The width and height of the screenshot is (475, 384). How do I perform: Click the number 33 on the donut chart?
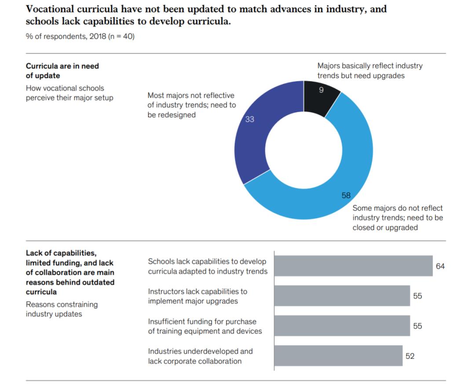pyautogui.click(x=249, y=119)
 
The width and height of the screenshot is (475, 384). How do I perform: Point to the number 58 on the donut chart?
pyautogui.click(x=346, y=196)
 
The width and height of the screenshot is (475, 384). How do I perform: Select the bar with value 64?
pyautogui.click(x=353, y=266)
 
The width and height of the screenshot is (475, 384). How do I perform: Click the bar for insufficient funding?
pyautogui.click(x=342, y=325)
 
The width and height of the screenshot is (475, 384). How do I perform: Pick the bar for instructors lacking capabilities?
pyautogui.click(x=342, y=295)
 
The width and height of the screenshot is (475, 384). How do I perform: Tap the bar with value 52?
pyautogui.click(x=338, y=355)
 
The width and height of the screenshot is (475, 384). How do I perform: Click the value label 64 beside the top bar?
pyautogui.click(x=440, y=266)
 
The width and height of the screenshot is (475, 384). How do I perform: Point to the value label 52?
pyautogui.click(x=410, y=356)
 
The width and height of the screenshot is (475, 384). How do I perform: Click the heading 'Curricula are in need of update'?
pyautogui.click(x=62, y=70)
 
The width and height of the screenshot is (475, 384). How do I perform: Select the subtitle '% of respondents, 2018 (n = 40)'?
pyautogui.click(x=80, y=36)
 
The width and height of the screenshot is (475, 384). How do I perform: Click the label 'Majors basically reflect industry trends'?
pyautogui.click(x=369, y=70)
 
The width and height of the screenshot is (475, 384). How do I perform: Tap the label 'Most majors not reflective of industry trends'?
pyautogui.click(x=191, y=105)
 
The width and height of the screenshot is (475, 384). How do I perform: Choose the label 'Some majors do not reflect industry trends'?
pyautogui.click(x=397, y=218)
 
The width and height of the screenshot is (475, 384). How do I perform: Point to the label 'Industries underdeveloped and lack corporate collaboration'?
pyautogui.click(x=200, y=356)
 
